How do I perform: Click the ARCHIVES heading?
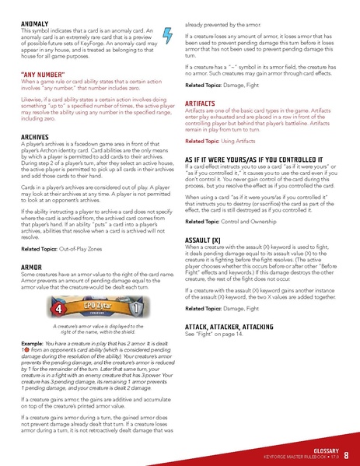(37, 137)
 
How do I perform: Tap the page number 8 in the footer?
(344, 454)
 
